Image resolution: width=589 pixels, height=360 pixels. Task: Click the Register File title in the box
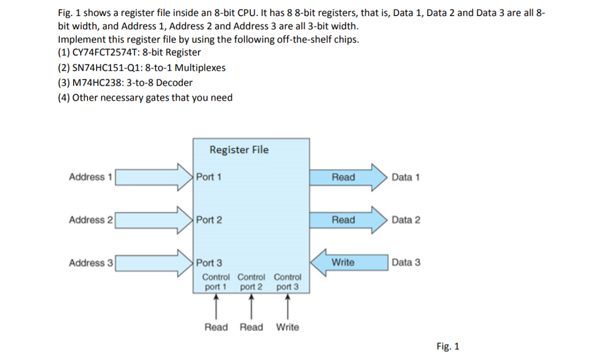[239, 150]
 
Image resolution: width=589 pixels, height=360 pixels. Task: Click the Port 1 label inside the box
[209, 177]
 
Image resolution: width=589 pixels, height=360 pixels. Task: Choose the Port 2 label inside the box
[209, 220]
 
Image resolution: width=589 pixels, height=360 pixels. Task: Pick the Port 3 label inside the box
[209, 263]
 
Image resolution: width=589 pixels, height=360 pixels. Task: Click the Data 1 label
[406, 177]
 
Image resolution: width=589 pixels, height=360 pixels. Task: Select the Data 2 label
[406, 220]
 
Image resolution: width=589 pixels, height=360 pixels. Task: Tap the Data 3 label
[406, 263]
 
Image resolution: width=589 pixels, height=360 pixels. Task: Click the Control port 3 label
[287, 282]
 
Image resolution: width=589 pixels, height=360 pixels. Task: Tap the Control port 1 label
[216, 282]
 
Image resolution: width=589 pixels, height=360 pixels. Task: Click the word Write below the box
[287, 327]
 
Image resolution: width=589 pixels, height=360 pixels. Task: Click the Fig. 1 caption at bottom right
[448, 346]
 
